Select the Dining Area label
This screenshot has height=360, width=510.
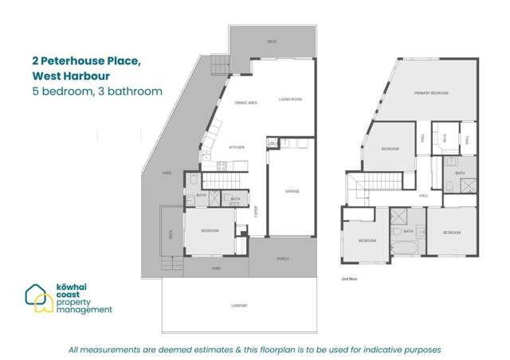(x=245, y=103)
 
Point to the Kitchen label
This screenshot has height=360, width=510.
(x=237, y=147)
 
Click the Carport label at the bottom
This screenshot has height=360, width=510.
(x=240, y=307)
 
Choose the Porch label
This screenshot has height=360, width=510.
(x=283, y=259)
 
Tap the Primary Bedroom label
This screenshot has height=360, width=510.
(x=431, y=94)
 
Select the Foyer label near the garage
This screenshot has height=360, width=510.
(x=256, y=212)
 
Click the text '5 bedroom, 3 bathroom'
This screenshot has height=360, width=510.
(x=97, y=92)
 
